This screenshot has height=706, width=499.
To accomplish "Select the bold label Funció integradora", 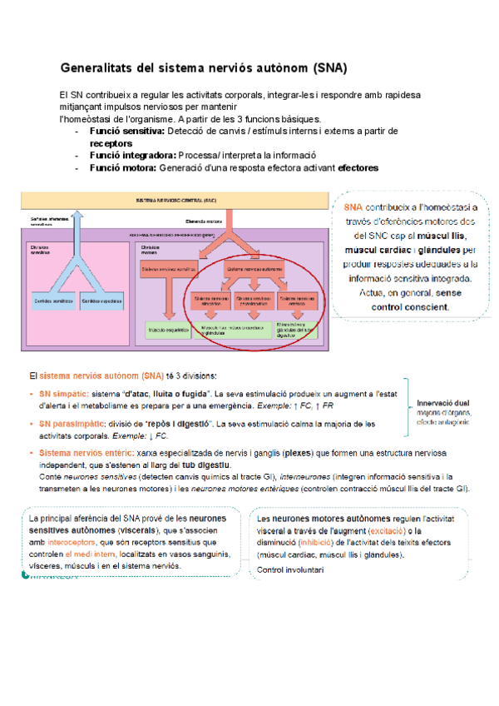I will [136, 155].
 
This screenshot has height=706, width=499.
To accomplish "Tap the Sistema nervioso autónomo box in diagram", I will [254, 270].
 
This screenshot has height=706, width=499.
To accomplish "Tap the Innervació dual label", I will [444, 400].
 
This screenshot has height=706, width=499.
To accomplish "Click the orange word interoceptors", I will [70, 540].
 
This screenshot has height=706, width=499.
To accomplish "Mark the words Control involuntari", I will [290, 569].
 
